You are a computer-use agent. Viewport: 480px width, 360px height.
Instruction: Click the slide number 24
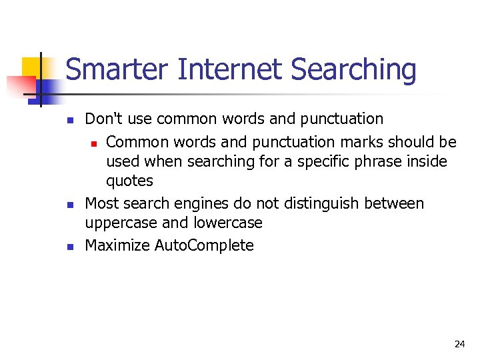tap(459, 344)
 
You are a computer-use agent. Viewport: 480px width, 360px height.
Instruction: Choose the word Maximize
tap(117, 245)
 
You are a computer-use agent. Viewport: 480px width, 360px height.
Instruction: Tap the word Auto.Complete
tap(204, 245)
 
